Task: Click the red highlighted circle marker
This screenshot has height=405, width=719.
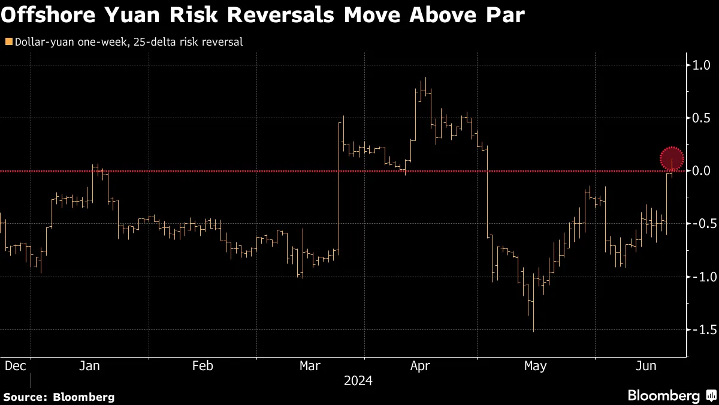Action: coord(672,158)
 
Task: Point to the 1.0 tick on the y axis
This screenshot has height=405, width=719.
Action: coord(702,65)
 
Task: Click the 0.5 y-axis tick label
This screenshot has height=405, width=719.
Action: coord(702,118)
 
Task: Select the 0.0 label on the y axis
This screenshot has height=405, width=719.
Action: coord(702,171)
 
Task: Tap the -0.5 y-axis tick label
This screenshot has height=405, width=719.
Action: coord(700,224)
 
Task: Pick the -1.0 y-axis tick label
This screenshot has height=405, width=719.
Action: coord(700,277)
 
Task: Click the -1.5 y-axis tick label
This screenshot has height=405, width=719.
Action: coord(700,329)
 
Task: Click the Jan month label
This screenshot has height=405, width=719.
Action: coord(89,366)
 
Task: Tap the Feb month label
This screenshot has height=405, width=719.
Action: coord(203,366)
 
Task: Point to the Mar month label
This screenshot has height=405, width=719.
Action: coord(310,366)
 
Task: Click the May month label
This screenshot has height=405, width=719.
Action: coord(535,366)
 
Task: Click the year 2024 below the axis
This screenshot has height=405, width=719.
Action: coord(358,381)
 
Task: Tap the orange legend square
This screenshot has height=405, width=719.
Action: coord(8,42)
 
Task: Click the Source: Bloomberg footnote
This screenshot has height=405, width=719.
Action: coord(59,397)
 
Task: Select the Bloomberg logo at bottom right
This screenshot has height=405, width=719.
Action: coord(671,395)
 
